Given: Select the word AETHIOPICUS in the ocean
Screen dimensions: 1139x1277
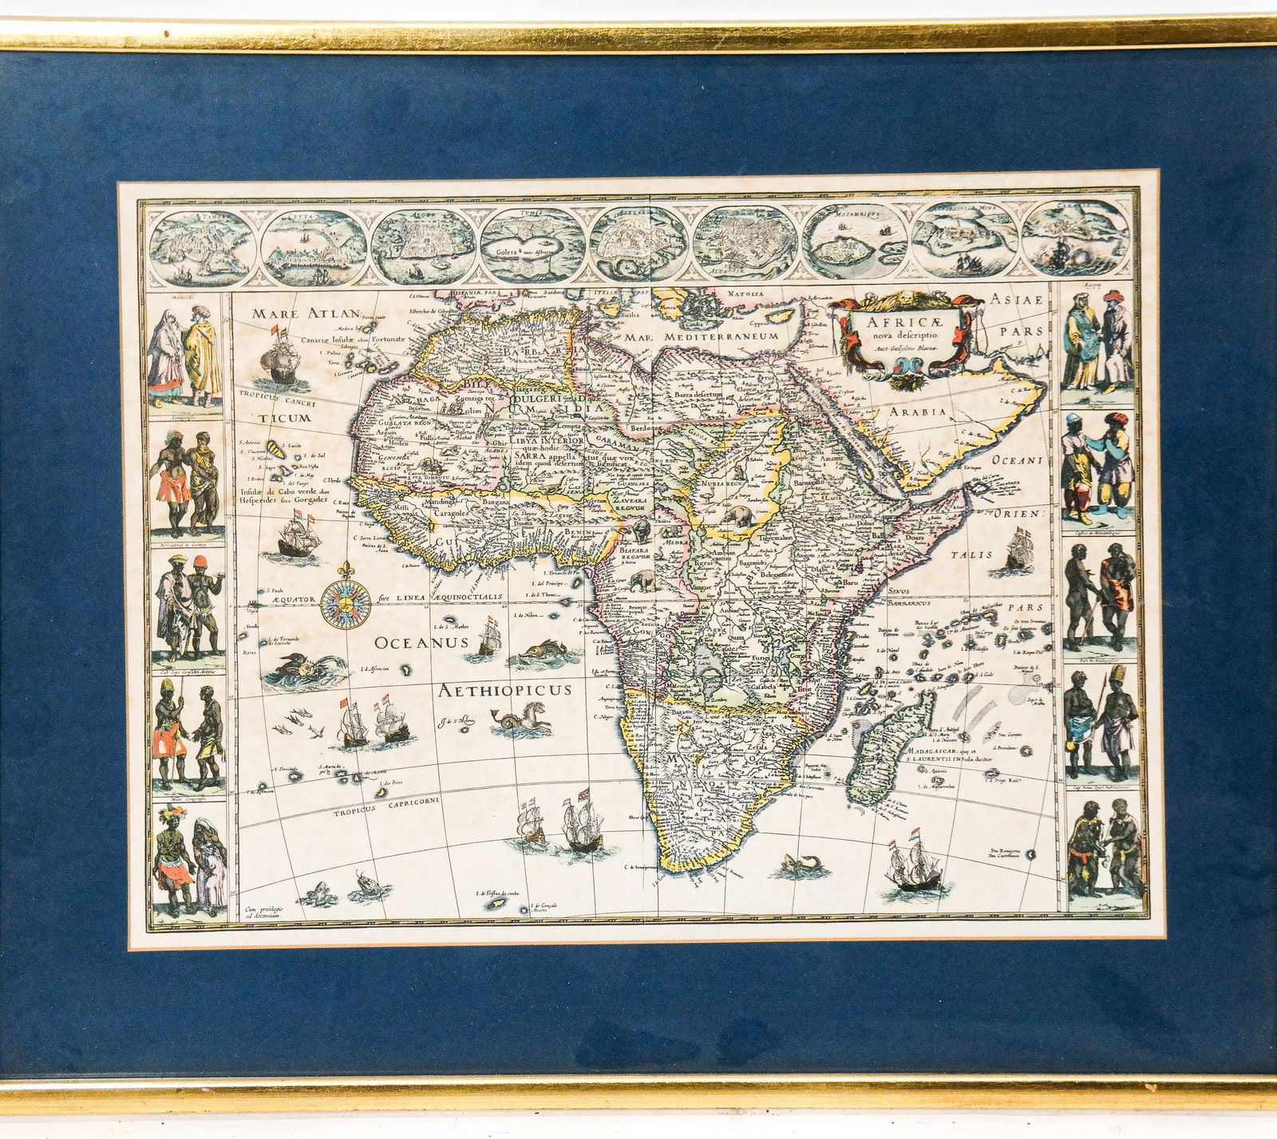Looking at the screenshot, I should click(504, 690).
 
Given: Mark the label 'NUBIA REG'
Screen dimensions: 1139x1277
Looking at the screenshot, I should click(721, 483).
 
